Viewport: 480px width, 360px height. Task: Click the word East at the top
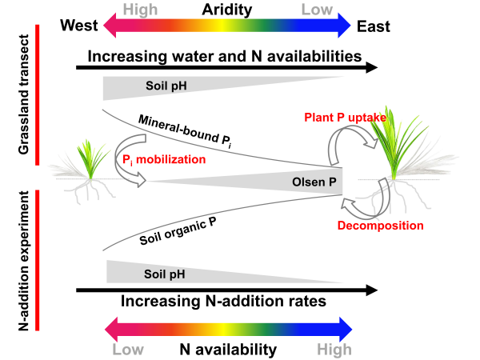374,26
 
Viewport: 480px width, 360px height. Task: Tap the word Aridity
225,10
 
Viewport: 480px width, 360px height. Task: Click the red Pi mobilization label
163,160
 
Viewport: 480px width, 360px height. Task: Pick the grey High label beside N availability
334,350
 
